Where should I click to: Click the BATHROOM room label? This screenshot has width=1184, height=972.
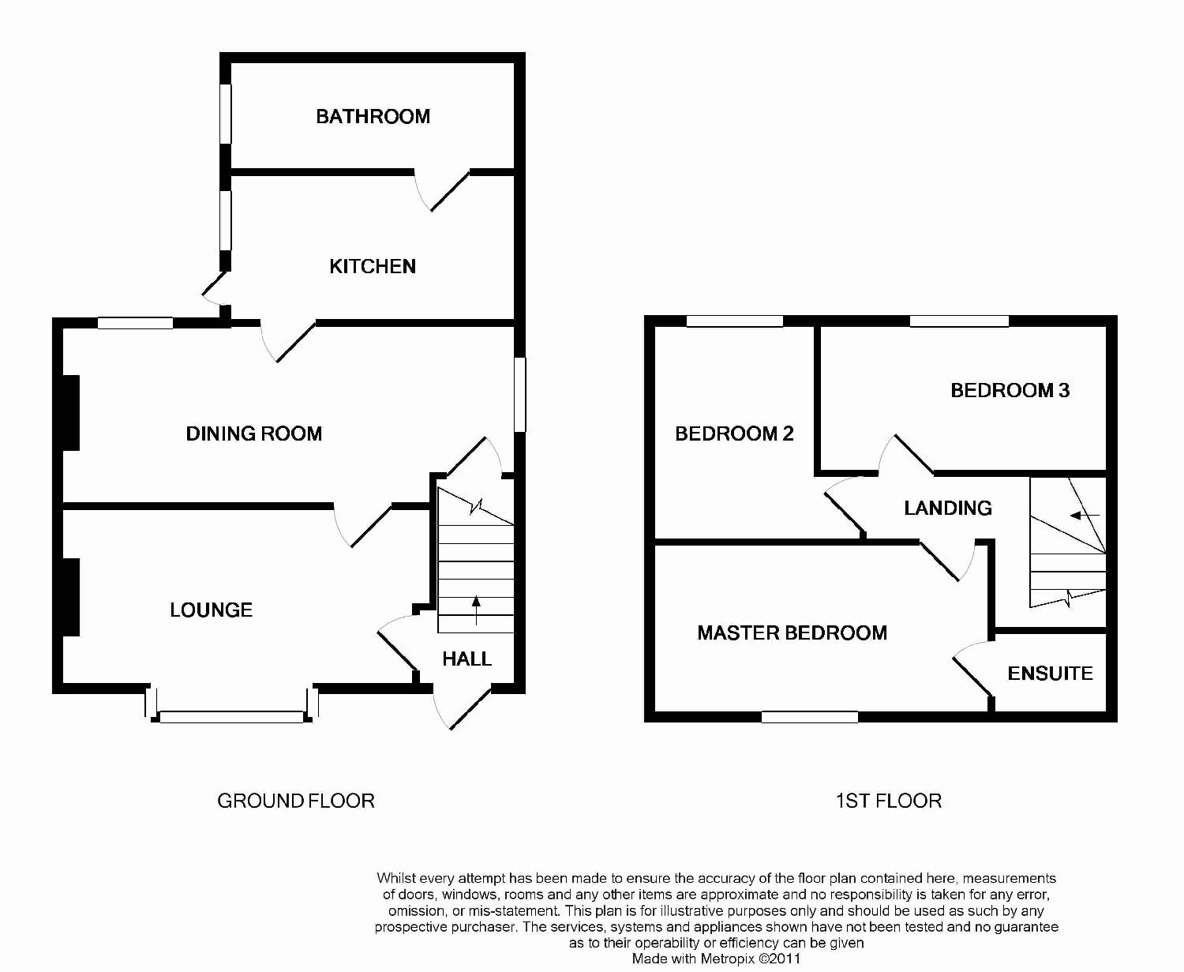373,117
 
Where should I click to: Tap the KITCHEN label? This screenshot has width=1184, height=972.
373,266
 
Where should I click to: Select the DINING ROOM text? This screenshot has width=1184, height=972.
253,433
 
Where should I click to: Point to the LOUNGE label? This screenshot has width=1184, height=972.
211,610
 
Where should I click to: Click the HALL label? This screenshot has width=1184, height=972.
466,659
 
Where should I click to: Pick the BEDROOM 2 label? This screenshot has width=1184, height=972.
734,433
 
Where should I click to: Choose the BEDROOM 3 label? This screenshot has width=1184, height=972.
1010,390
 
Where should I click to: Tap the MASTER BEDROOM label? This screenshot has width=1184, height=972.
792,632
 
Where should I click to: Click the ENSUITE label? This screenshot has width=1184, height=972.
1050,674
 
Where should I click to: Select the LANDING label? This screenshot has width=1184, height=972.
947,508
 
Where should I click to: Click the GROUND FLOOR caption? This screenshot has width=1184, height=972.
295,801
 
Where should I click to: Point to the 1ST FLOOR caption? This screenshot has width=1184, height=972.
888,801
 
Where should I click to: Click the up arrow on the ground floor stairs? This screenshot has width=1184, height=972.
476,610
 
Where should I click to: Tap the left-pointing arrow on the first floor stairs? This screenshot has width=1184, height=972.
1084,516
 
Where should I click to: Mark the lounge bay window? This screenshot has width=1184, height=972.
232,716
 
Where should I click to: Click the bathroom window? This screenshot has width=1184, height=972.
226,114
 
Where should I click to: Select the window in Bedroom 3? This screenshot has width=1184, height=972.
959,321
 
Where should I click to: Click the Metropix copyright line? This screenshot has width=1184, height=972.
716,959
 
